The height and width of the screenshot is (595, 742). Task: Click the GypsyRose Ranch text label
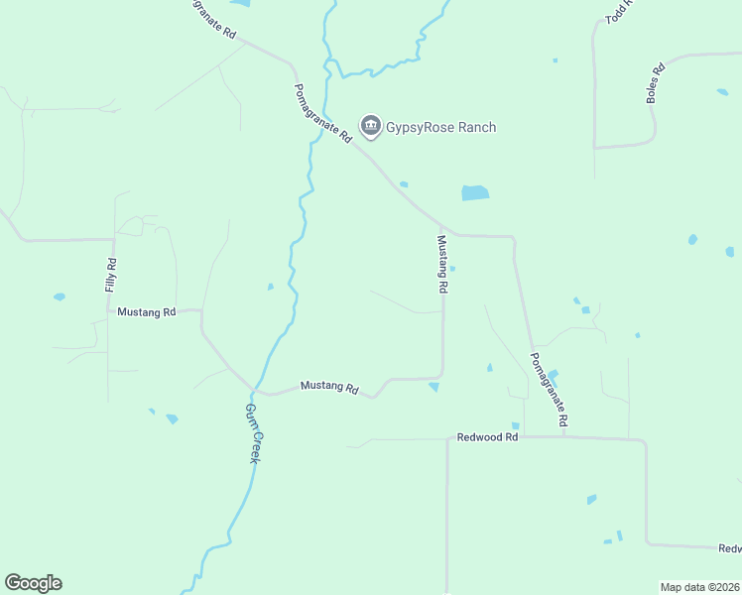pyautogui.click(x=441, y=127)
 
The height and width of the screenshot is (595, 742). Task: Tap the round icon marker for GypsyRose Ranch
pyautogui.click(x=370, y=126)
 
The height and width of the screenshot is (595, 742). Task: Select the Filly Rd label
pyautogui.click(x=111, y=275)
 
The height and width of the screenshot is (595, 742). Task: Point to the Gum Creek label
pyautogui.click(x=254, y=434)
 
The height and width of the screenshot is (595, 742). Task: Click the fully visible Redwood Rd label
pyautogui.click(x=487, y=437)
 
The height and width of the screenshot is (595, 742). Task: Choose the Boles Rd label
pyautogui.click(x=655, y=84)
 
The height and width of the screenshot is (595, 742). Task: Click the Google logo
pyautogui.click(x=33, y=583)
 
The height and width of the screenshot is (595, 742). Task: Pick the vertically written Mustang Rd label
pyautogui.click(x=443, y=263)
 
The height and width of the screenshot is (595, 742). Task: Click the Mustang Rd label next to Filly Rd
pyautogui.click(x=146, y=311)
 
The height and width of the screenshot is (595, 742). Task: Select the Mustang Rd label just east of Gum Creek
pyautogui.click(x=328, y=387)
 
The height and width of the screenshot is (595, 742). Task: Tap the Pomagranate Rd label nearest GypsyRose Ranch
pyautogui.click(x=323, y=114)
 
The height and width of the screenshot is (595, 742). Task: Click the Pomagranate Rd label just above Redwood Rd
pyautogui.click(x=549, y=390)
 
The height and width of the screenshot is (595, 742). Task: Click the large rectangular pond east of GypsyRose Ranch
pyautogui.click(x=475, y=193)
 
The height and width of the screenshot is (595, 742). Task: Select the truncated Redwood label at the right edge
pyautogui.click(x=729, y=548)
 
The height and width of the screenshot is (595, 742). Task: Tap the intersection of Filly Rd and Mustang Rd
pyautogui.click(x=108, y=310)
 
